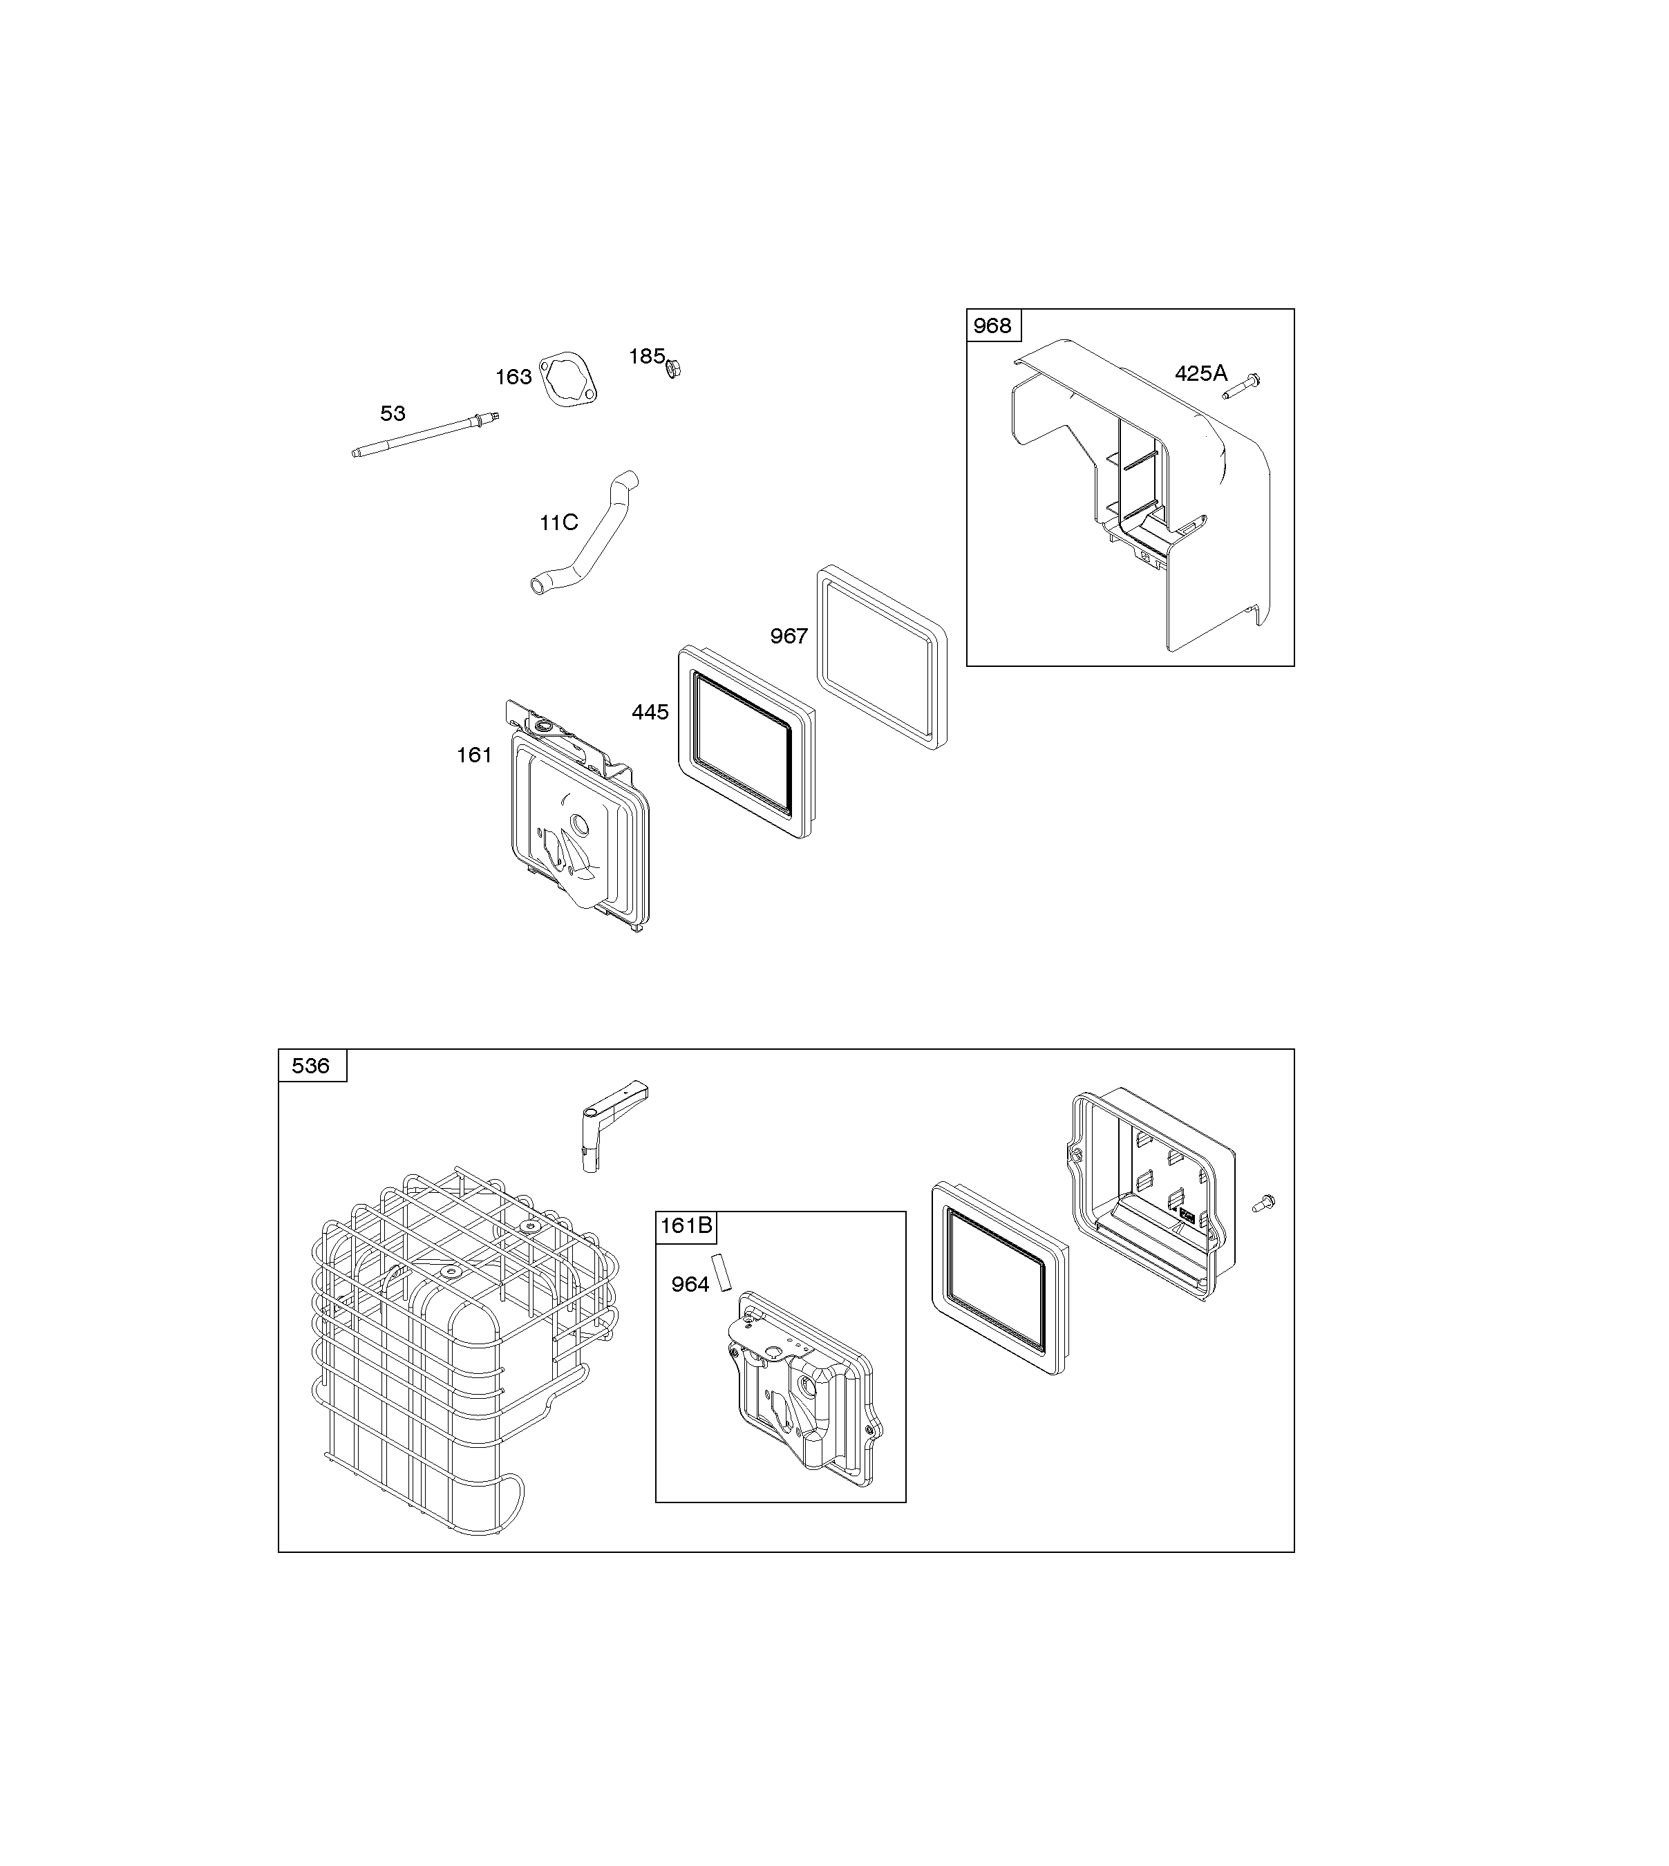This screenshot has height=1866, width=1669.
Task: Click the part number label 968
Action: pyautogui.click(x=992, y=326)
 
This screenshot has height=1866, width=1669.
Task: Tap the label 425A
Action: pyautogui.click(x=1200, y=373)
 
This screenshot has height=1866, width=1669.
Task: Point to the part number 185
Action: pyautogui.click(x=646, y=356)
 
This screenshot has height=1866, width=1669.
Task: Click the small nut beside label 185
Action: pyautogui.click(x=673, y=368)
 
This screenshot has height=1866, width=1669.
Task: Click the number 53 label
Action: pyautogui.click(x=393, y=413)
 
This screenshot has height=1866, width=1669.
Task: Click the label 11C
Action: pyautogui.click(x=558, y=522)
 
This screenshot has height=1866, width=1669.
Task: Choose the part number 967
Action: pyautogui.click(x=789, y=635)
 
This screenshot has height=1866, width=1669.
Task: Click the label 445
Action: pyautogui.click(x=650, y=712)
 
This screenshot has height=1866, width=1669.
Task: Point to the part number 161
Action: pyautogui.click(x=474, y=755)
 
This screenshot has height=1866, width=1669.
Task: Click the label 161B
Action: pyautogui.click(x=686, y=1225)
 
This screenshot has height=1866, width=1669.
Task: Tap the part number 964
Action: pyautogui.click(x=690, y=1285)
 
